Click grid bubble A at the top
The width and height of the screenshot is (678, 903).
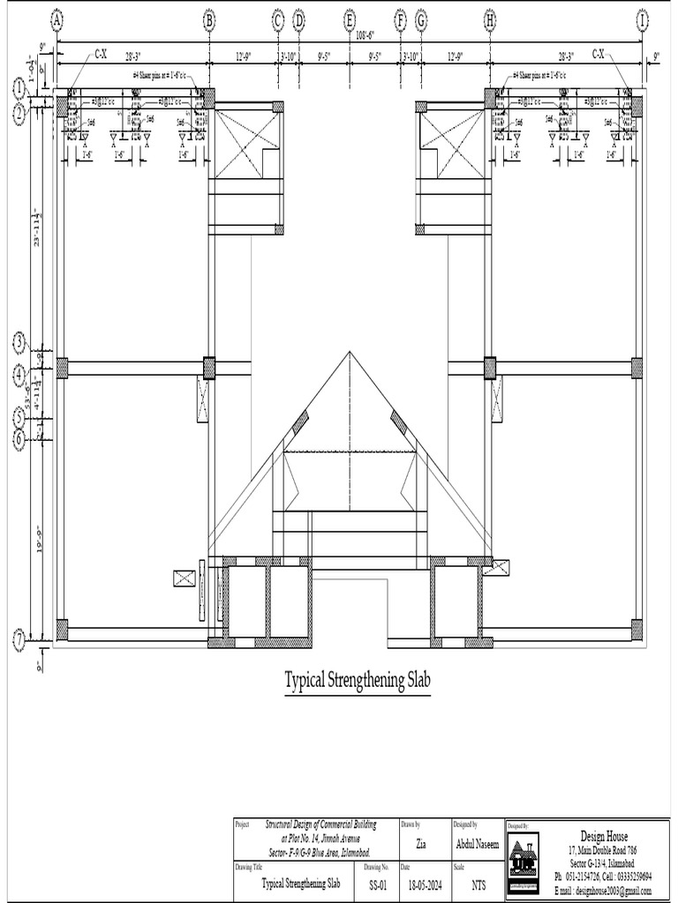(57, 19)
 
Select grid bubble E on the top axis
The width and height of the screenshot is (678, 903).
(350, 19)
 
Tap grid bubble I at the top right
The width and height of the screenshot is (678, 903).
(642, 19)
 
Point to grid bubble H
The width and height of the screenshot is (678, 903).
(490, 19)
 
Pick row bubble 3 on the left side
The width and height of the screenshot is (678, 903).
(19, 341)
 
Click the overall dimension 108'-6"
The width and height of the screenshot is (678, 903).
(365, 35)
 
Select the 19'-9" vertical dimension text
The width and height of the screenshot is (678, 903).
(35, 538)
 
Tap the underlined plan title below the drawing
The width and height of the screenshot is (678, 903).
(358, 681)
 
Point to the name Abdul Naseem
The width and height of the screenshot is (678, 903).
(478, 844)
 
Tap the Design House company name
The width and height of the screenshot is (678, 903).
(604, 835)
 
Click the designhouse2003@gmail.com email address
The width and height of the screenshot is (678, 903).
(608, 892)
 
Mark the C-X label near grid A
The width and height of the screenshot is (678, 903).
(101, 55)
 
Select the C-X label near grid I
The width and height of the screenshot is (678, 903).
(599, 55)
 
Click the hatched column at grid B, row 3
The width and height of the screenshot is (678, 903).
(209, 368)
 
